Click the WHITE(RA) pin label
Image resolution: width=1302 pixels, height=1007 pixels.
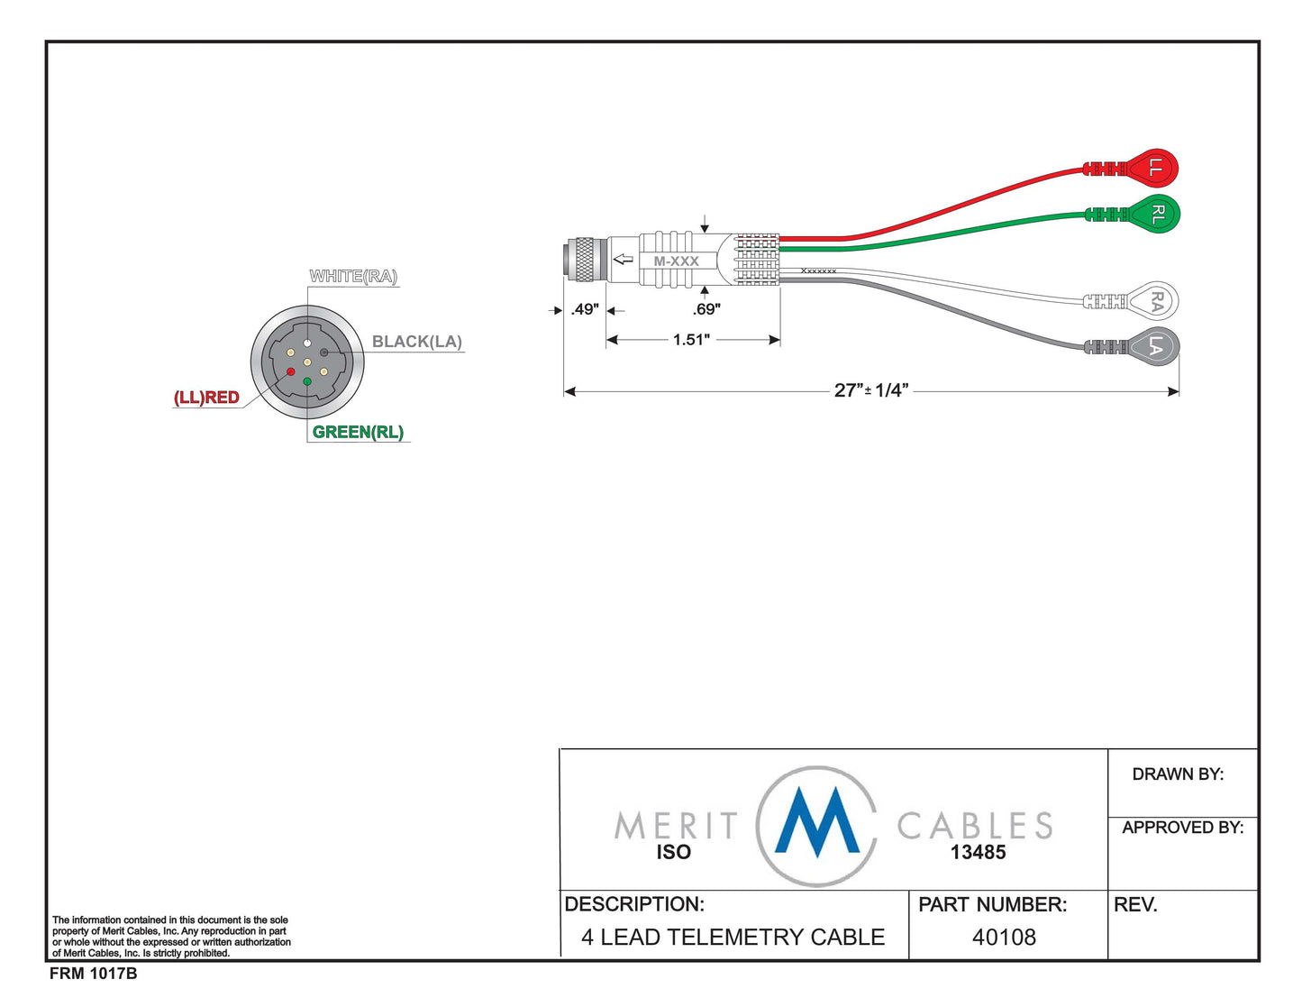point(353,276)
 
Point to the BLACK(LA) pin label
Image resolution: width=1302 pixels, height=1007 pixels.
point(416,342)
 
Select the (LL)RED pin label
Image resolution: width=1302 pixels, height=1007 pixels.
point(206,398)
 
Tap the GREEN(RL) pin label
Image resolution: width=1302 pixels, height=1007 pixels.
point(358,432)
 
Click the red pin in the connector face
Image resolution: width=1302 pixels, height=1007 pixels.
point(290,371)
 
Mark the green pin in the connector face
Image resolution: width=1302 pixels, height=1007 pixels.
point(307,382)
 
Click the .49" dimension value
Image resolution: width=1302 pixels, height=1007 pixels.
point(585,309)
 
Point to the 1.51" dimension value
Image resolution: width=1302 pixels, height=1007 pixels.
point(691,340)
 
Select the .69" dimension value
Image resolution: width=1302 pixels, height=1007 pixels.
point(706,309)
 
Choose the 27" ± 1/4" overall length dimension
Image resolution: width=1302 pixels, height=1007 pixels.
point(870,390)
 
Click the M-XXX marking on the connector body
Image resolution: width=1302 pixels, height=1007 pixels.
point(676,261)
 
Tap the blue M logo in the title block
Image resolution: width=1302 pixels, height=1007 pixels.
point(817,822)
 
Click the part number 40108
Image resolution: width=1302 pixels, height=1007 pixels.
point(1004,938)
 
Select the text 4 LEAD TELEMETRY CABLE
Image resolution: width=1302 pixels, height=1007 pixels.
point(733,938)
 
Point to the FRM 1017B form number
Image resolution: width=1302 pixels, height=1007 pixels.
point(93,974)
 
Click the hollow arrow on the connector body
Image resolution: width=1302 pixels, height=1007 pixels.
point(623,260)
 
